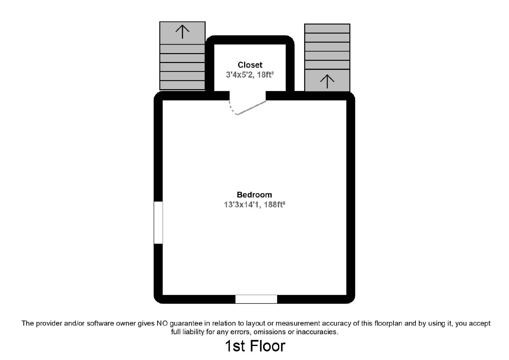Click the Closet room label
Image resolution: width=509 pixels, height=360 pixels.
click(x=250, y=65)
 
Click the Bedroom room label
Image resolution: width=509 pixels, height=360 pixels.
click(x=254, y=195)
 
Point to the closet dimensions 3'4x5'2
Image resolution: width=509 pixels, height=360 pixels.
click(x=239, y=75)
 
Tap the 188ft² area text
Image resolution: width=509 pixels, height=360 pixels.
click(x=275, y=204)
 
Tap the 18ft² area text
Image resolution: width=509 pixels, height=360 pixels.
click(x=265, y=74)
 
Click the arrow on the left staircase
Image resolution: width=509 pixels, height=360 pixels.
click(x=182, y=31)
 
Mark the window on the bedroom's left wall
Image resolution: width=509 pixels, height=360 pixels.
click(x=158, y=223)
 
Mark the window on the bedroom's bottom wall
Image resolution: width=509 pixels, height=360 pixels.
click(x=256, y=299)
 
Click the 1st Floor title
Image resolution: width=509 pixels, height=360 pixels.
click(x=255, y=346)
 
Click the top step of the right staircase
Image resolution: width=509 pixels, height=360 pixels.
click(x=327, y=29)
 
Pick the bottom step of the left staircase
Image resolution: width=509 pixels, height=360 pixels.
click(x=182, y=85)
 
